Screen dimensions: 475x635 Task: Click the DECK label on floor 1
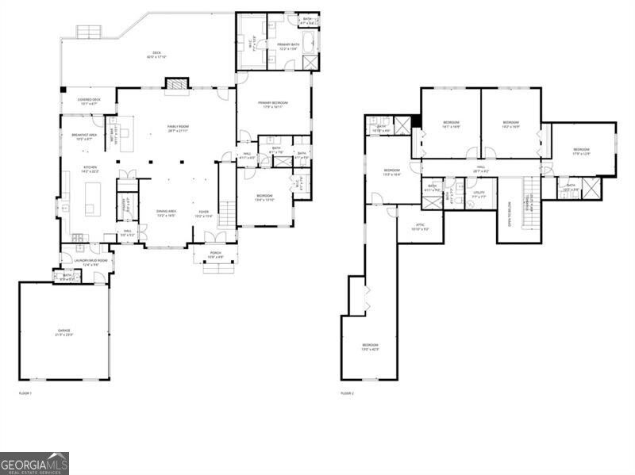(x=157, y=54)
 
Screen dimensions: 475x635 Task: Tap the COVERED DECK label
(x=87, y=102)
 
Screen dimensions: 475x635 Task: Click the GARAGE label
(x=63, y=331)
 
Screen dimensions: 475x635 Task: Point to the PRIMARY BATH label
(x=288, y=45)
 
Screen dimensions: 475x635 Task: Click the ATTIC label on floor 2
(x=421, y=227)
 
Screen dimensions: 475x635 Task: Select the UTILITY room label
(x=479, y=193)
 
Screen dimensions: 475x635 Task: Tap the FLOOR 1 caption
(x=26, y=393)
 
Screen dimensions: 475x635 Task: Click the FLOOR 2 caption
(x=347, y=393)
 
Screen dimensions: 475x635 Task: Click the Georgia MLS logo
(x=34, y=463)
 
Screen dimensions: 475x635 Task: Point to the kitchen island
(x=92, y=199)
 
